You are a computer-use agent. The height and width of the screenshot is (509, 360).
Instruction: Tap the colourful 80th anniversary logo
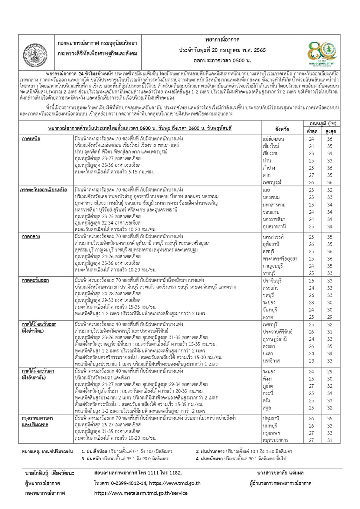[322, 53]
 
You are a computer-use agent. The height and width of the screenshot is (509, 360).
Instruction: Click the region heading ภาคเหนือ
[31, 139]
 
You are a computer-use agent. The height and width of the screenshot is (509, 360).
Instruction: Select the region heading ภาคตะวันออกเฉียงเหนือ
[43, 190]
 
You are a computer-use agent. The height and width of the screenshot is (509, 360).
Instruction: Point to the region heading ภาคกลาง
[31, 237]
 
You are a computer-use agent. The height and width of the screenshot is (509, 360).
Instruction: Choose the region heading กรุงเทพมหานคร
[37, 418]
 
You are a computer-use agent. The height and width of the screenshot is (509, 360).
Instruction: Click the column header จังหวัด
[282, 129]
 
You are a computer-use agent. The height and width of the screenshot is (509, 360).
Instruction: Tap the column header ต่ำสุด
[312, 131]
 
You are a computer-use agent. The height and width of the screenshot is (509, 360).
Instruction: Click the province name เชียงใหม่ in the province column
[271, 146]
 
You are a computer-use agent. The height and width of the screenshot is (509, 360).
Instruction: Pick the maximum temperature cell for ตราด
[330, 317]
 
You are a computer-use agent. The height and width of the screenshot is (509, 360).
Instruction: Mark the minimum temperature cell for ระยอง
[311, 303]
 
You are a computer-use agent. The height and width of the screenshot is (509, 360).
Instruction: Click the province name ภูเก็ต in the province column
[268, 386]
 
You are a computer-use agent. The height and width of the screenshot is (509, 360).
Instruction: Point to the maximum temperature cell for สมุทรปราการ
[330, 440]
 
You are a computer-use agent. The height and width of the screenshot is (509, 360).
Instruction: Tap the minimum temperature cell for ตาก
[311, 175]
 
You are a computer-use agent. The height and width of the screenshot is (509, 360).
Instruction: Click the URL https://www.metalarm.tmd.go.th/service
[141, 493]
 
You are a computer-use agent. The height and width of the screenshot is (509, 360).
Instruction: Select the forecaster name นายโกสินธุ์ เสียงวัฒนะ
[49, 473]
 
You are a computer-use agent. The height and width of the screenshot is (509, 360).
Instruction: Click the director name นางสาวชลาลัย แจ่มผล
[280, 473]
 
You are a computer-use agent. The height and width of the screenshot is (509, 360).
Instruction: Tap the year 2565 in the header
[259, 50]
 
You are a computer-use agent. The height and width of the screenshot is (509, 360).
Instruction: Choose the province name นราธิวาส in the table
[271, 361]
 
